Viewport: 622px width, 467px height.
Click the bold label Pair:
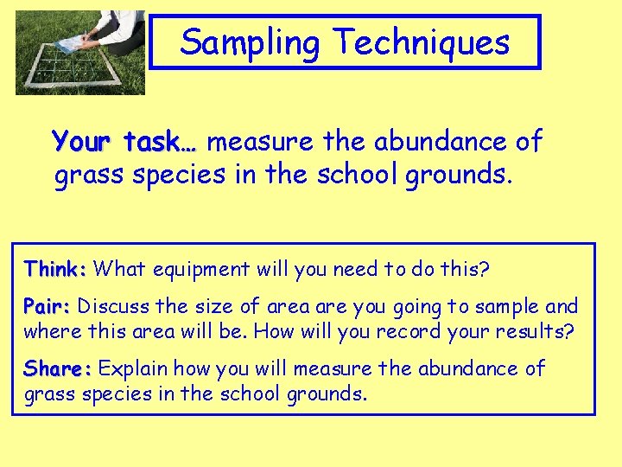click(x=48, y=306)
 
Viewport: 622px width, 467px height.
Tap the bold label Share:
click(x=58, y=369)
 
